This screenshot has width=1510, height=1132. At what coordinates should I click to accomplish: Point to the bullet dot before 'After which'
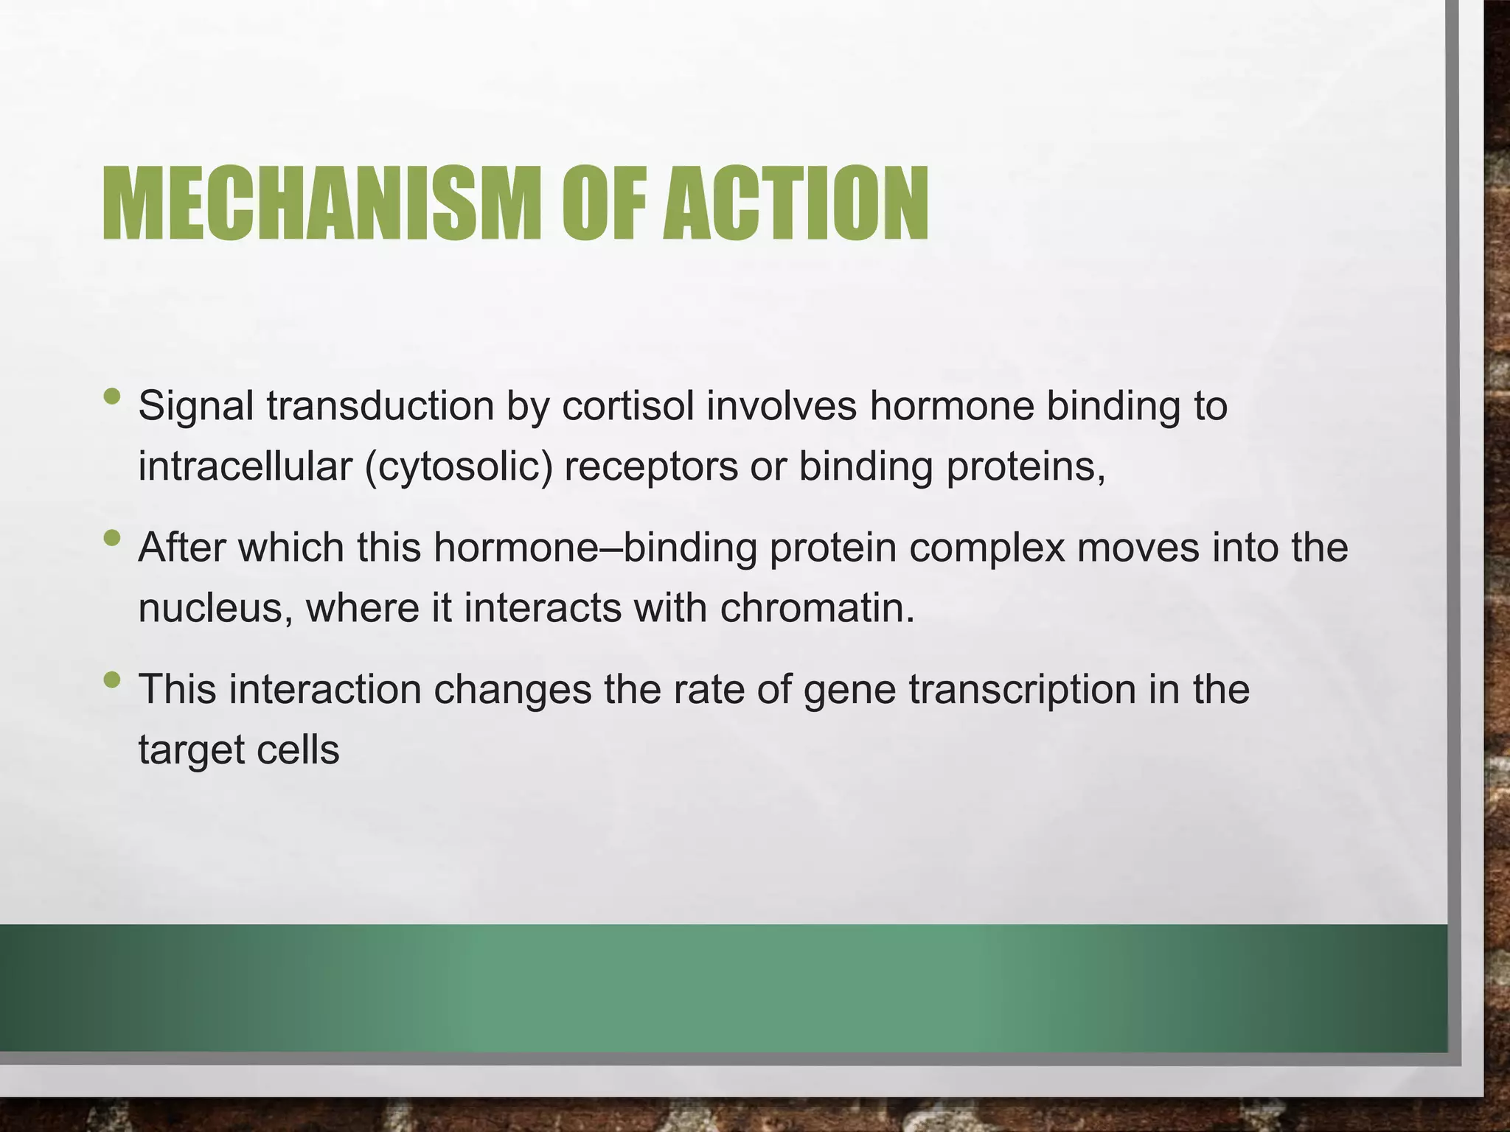pyautogui.click(x=111, y=538)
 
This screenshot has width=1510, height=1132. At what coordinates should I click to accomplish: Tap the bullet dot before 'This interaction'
pyautogui.click(x=111, y=679)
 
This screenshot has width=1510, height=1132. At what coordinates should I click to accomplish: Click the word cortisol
pyautogui.click(x=627, y=406)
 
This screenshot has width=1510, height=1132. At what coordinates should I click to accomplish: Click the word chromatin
pyautogui.click(x=816, y=609)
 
